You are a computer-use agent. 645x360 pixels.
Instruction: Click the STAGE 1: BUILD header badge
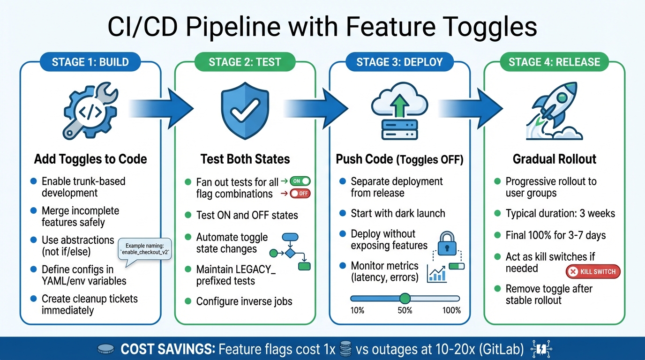click(90, 62)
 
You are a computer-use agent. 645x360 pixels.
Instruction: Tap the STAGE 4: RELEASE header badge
click(554, 62)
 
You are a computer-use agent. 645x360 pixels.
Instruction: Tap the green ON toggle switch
click(300, 181)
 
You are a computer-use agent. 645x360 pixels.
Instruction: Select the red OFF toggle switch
click(300, 193)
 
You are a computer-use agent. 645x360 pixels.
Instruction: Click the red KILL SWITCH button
click(593, 271)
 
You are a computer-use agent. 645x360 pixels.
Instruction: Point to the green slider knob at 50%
click(405, 298)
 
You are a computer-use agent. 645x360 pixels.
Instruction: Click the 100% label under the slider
click(451, 310)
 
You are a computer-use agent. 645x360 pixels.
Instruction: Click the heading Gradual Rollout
click(555, 159)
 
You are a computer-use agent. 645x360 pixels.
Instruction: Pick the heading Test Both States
click(245, 159)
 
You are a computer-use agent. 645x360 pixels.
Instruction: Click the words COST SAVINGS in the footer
click(167, 349)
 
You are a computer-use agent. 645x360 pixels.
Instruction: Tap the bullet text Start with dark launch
click(397, 213)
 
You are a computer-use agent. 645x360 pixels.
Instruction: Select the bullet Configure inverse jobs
click(244, 301)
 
